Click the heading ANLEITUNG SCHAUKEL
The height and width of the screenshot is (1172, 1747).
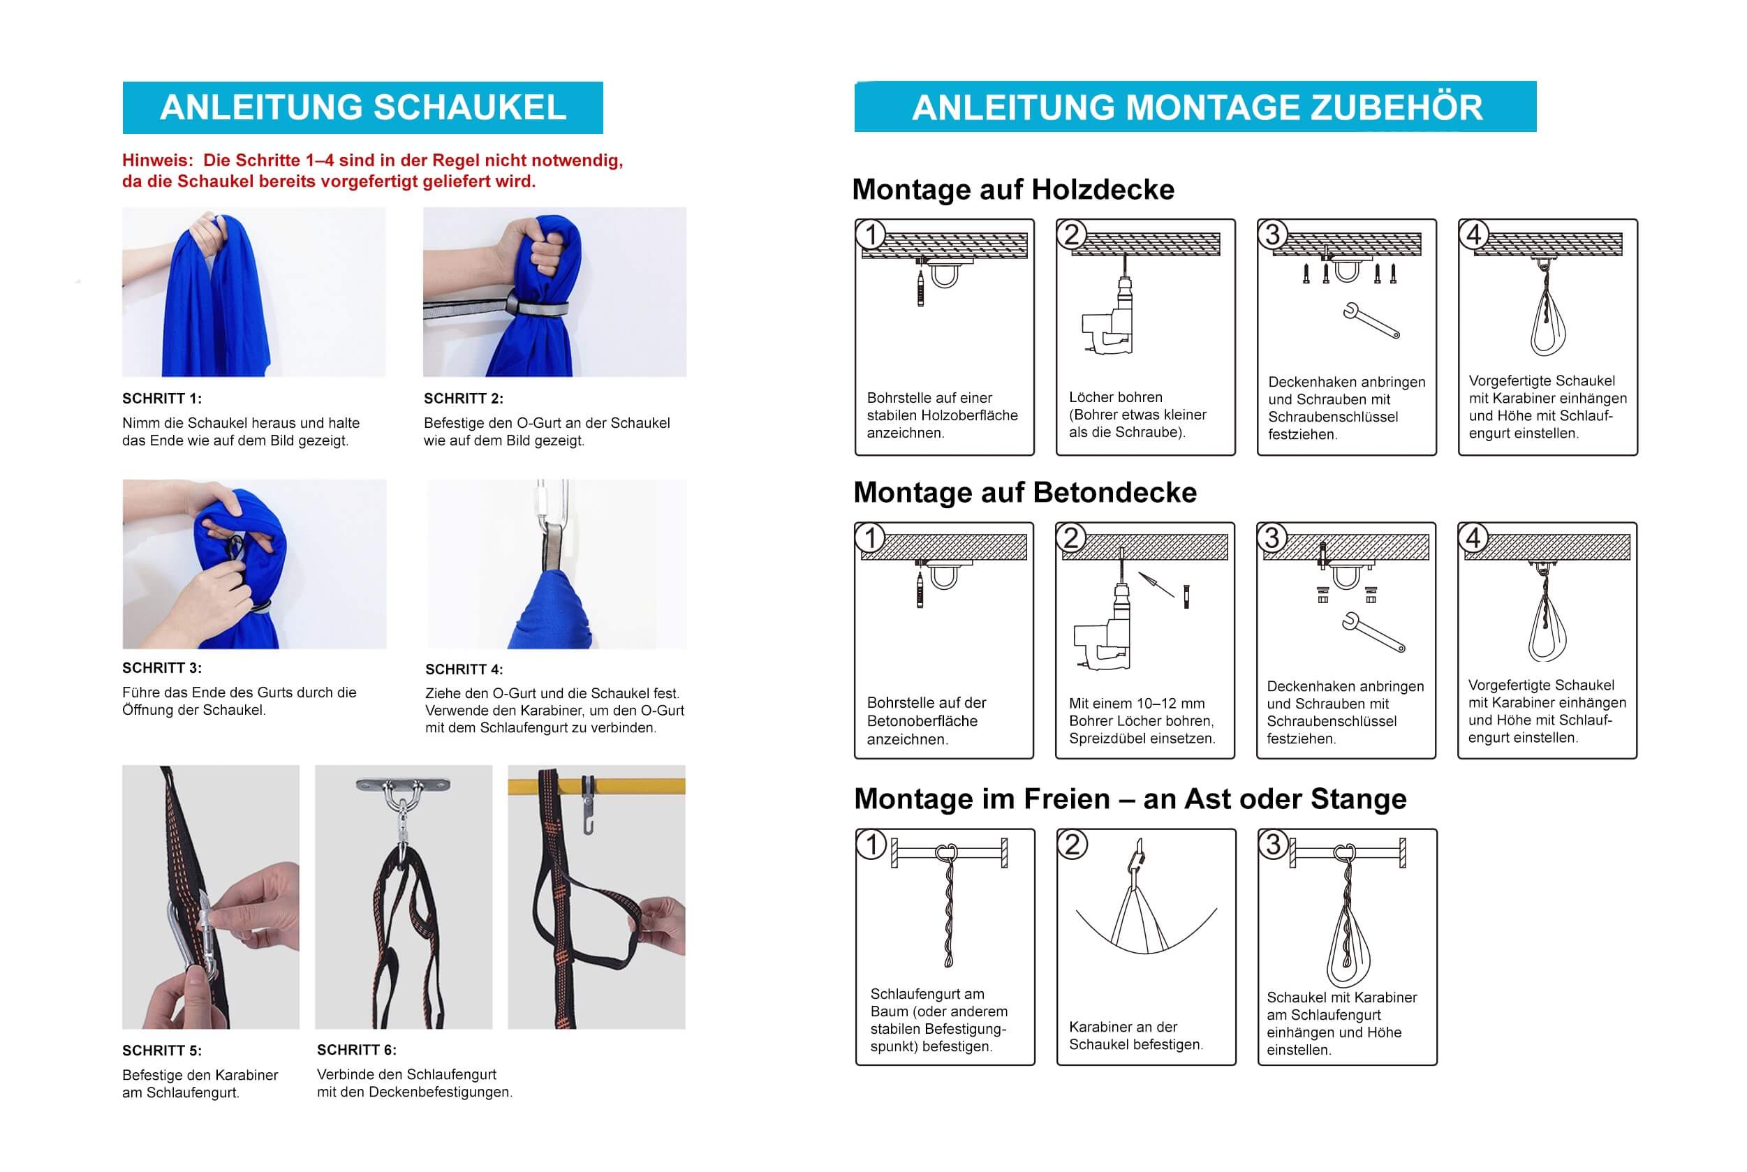(362, 107)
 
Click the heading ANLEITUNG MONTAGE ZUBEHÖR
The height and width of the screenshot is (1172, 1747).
(1196, 107)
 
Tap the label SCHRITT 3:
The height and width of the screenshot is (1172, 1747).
(161, 667)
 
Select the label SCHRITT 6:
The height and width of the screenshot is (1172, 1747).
(357, 1049)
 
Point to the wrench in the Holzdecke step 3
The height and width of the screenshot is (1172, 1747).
(1370, 320)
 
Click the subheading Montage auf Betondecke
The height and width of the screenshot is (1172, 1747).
(1024, 492)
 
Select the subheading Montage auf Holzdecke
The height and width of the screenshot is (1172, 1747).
(1013, 189)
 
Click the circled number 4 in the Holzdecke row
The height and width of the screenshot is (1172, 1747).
(1473, 234)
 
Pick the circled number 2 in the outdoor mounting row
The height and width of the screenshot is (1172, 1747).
(1072, 845)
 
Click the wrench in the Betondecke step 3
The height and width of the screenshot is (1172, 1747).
(1373, 632)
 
